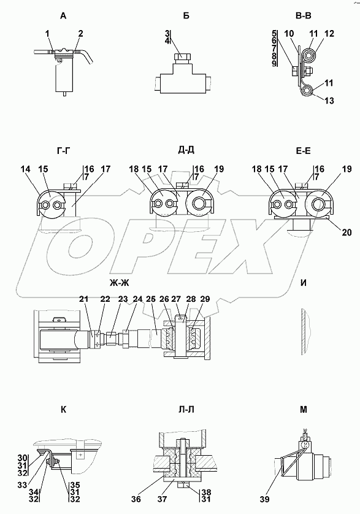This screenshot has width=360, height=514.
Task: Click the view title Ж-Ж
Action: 117,282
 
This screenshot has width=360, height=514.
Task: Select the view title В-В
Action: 304,15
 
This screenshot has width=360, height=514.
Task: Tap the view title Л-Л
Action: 186,410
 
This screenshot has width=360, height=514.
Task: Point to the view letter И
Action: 304,283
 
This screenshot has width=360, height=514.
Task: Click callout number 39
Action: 264,499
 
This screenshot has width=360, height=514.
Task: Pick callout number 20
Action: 347,232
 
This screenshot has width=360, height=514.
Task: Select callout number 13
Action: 329,101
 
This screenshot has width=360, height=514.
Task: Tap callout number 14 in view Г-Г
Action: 25,169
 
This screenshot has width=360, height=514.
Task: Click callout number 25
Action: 151,299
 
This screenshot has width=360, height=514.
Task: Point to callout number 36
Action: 136,499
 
